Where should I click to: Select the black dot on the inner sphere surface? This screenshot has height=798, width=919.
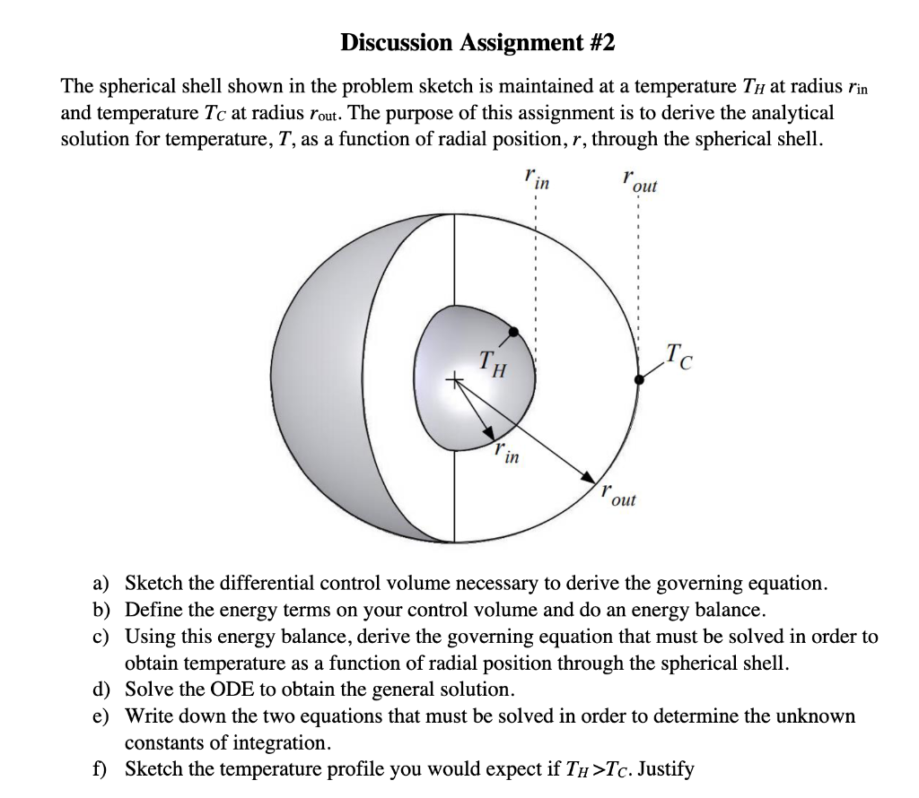pyautogui.click(x=512, y=333)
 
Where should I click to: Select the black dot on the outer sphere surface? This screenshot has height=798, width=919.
pyautogui.click(x=639, y=380)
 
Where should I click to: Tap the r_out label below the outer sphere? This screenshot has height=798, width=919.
pyautogui.click(x=618, y=496)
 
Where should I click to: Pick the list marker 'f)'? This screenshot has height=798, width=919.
pyautogui.click(x=102, y=768)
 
